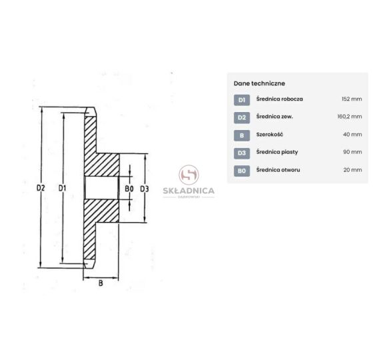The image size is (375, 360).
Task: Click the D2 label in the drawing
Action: pyautogui.click(x=41, y=188)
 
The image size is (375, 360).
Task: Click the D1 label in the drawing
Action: pyautogui.click(x=62, y=189)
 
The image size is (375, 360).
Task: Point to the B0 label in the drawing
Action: pyautogui.click(x=129, y=189)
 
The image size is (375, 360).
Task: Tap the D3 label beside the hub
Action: pyautogui.click(x=145, y=189)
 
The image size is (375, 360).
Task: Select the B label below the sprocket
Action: pyautogui.click(x=101, y=283)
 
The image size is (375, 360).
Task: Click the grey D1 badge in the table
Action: pyautogui.click(x=242, y=100)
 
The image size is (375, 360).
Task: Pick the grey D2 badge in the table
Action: pyautogui.click(x=242, y=117)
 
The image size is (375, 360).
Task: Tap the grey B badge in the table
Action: pyautogui.click(x=242, y=135)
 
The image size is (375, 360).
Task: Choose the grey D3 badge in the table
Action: pyautogui.click(x=242, y=153)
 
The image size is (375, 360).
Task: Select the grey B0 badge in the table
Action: pyautogui.click(x=242, y=171)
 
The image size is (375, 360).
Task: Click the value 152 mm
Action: pyautogui.click(x=352, y=99)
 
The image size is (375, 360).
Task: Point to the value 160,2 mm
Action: pyautogui.click(x=350, y=117)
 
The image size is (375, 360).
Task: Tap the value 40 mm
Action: pyautogui.click(x=352, y=134)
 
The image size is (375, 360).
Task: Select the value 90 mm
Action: pyautogui.click(x=352, y=152)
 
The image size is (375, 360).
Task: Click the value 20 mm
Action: pyautogui.click(x=353, y=170)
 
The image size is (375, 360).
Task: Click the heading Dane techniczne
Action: pyautogui.click(x=259, y=83)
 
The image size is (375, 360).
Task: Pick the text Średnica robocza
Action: pyautogui.click(x=280, y=99)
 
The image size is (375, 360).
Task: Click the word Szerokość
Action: pyautogui.click(x=270, y=134)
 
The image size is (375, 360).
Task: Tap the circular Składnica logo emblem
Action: pyautogui.click(x=188, y=175)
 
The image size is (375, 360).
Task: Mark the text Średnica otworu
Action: pyautogui.click(x=278, y=170)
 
